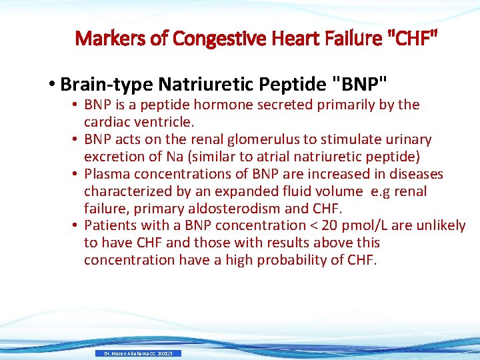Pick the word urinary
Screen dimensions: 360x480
coord(405,140)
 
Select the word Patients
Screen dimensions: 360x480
coord(112,226)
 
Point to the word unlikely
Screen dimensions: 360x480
coord(440,226)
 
